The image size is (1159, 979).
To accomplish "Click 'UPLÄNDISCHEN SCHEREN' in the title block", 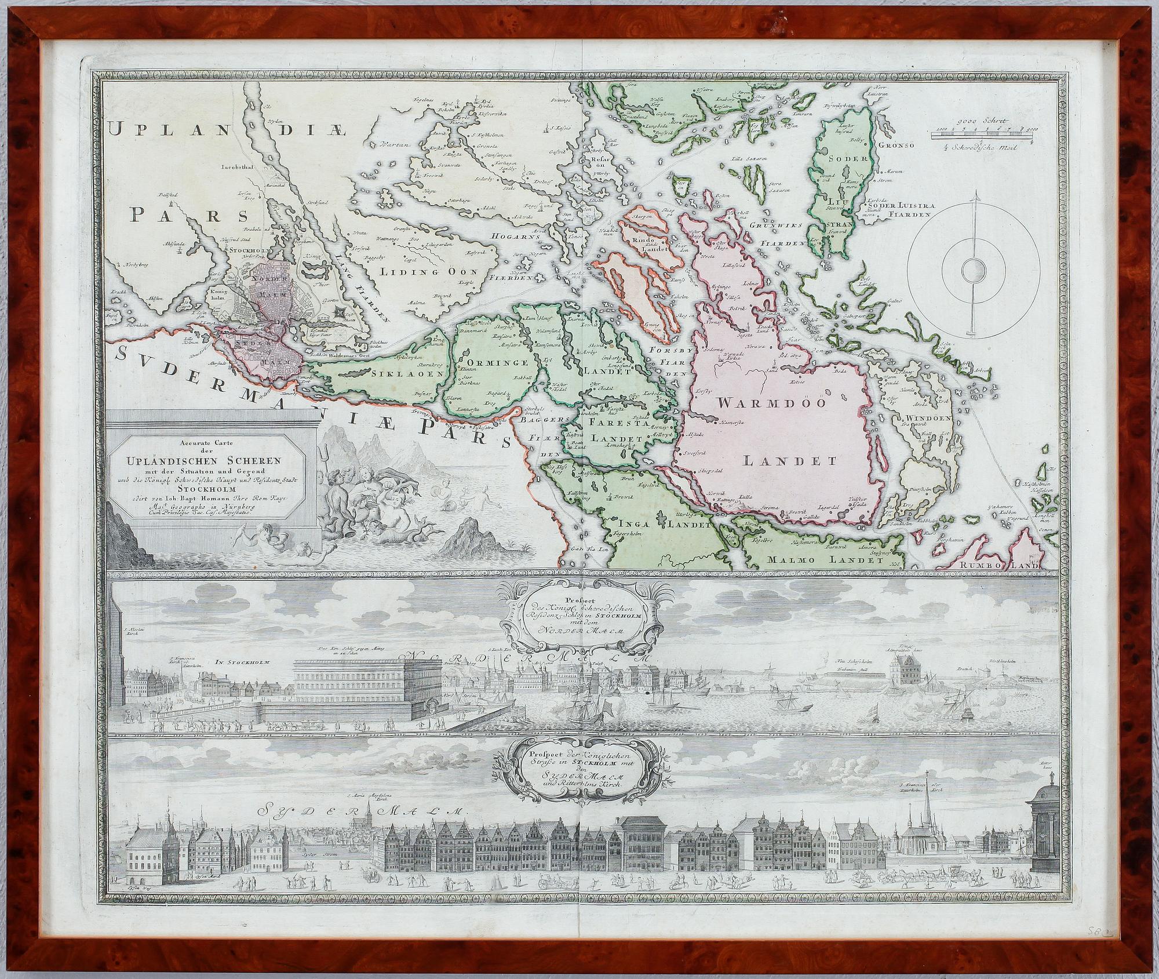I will point(215,461).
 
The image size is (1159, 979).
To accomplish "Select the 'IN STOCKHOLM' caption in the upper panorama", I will point(239,657).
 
